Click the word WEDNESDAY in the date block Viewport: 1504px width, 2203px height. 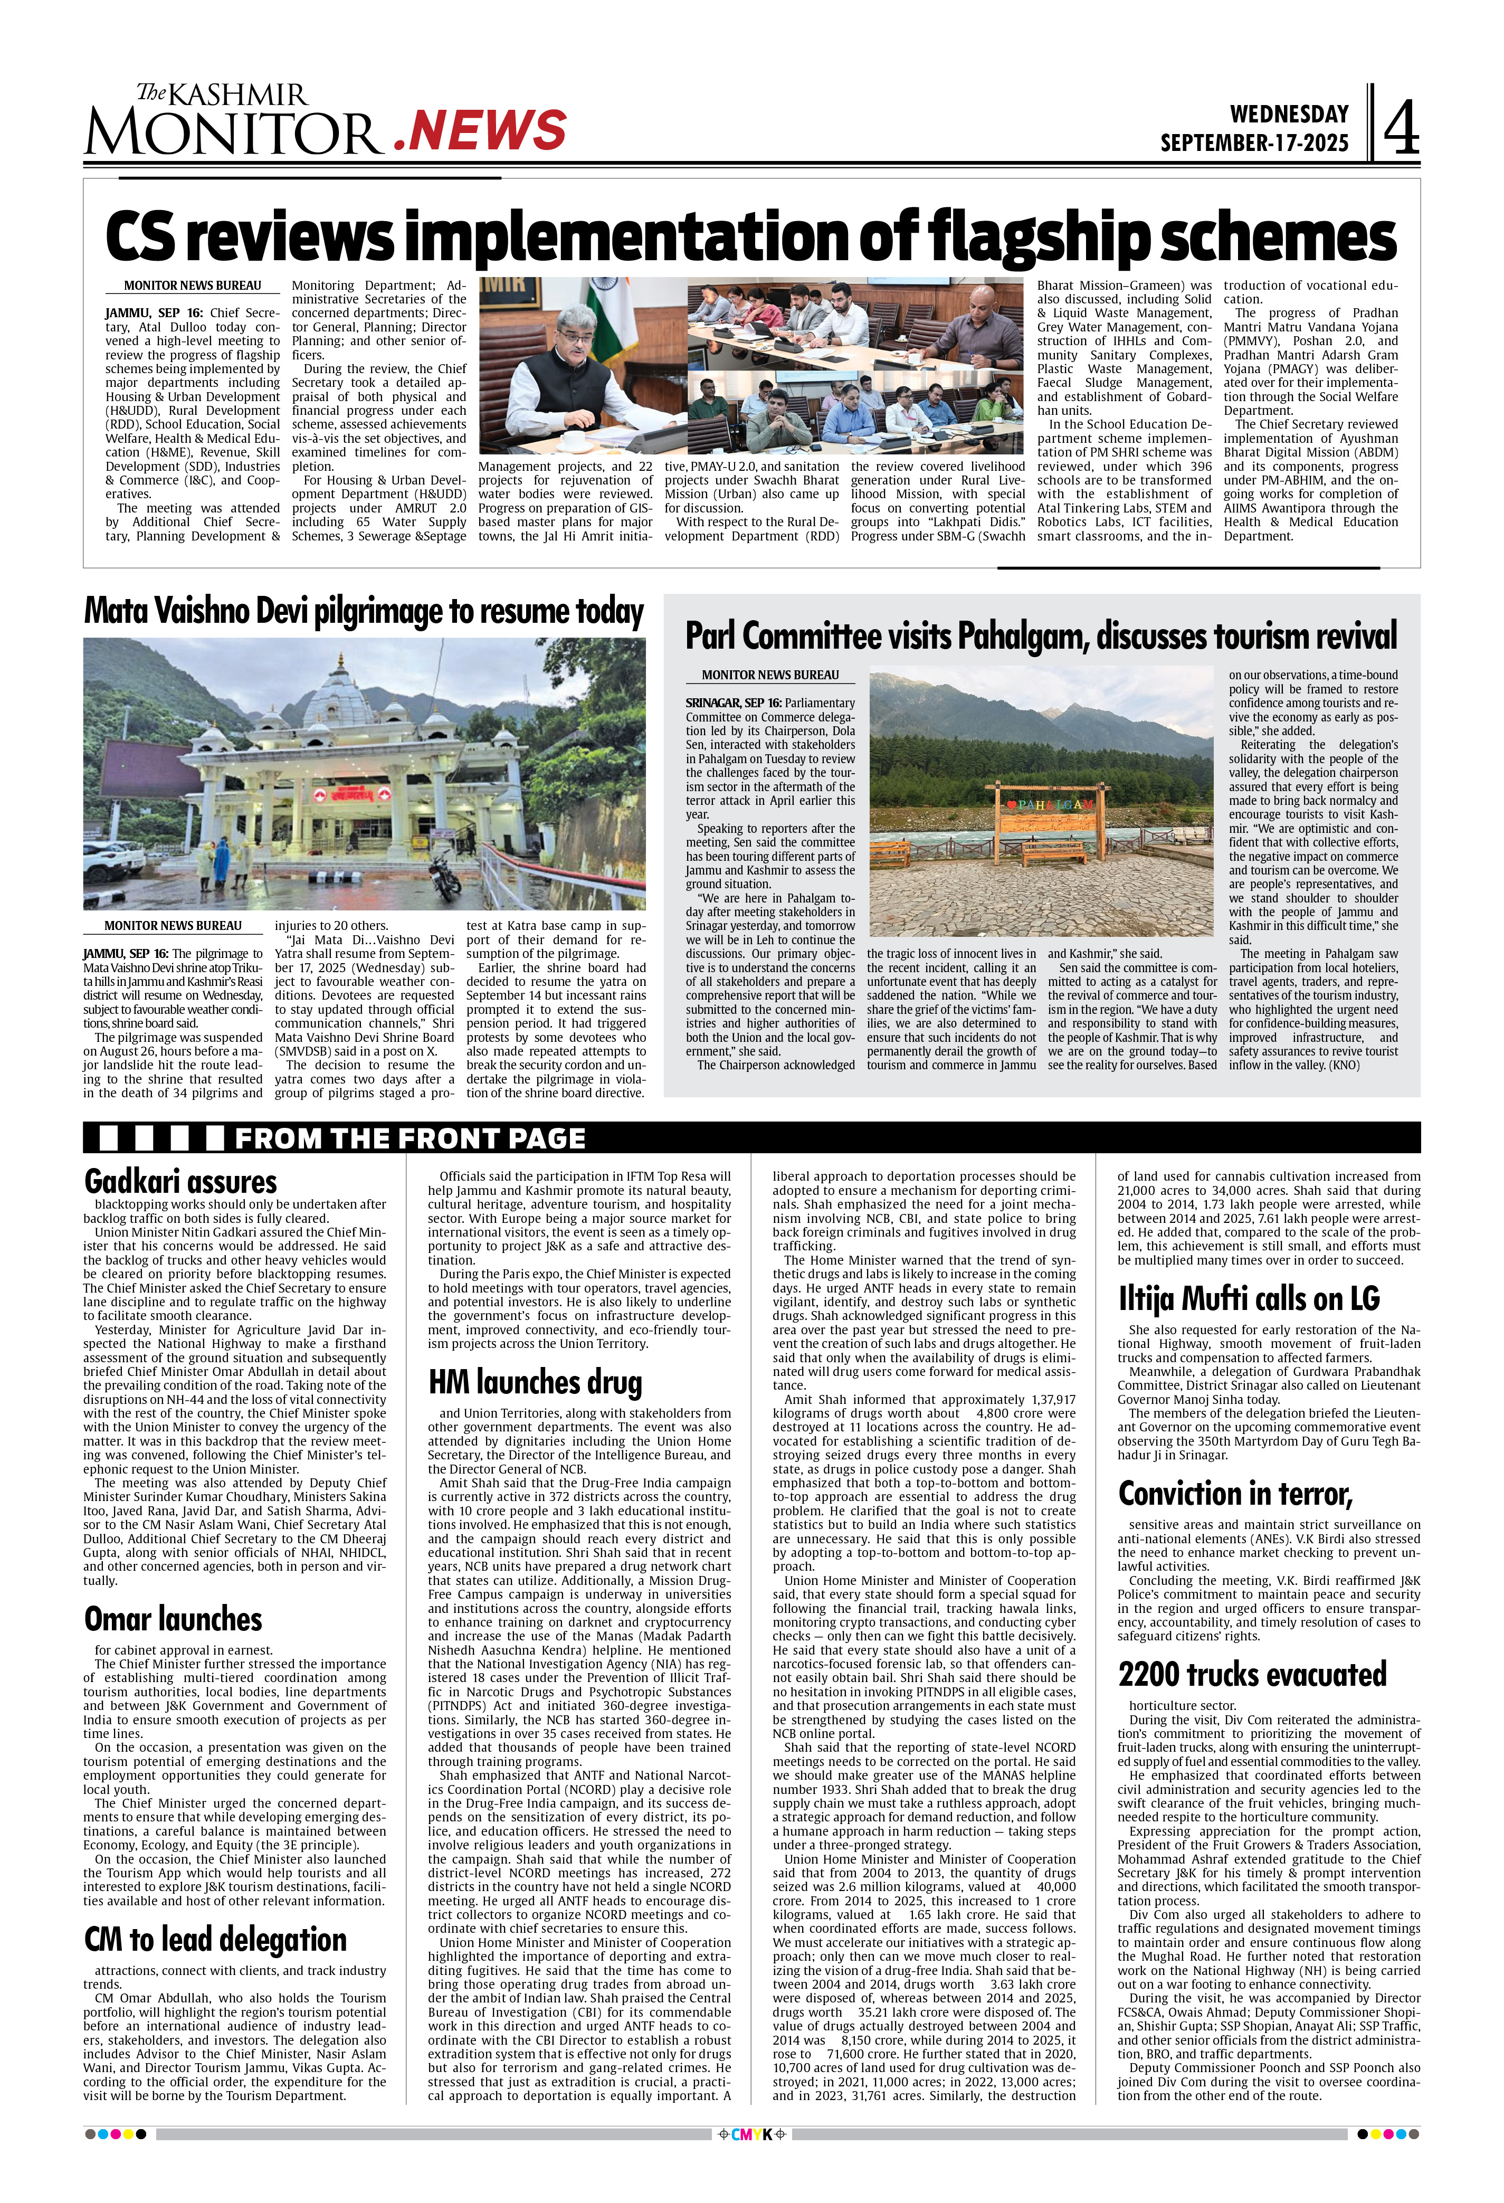[1288, 115]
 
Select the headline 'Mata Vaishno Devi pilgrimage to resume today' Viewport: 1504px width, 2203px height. [364, 611]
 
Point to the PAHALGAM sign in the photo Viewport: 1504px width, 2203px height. [1042, 805]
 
